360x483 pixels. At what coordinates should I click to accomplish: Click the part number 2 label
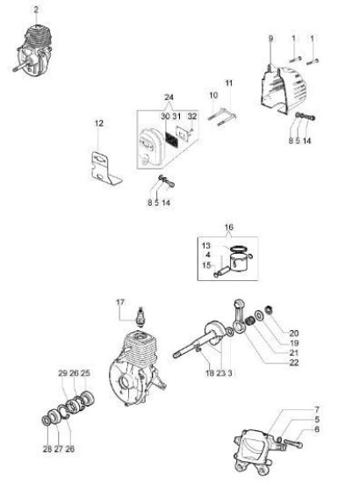point(36,10)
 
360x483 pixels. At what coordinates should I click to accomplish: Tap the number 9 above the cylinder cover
point(270,39)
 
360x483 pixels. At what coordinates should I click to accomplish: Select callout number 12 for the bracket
point(99,123)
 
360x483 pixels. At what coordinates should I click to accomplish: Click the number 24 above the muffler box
point(169,97)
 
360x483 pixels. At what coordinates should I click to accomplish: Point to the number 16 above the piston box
point(229,227)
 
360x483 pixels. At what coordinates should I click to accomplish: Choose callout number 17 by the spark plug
point(120,302)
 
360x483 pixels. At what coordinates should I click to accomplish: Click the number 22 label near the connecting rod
point(294,363)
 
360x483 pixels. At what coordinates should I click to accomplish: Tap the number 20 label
point(294,333)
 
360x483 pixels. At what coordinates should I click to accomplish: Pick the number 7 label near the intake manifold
point(317,410)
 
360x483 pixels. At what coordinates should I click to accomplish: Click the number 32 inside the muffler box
point(192,116)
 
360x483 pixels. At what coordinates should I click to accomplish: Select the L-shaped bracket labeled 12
point(104,168)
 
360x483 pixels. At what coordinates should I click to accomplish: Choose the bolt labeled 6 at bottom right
point(293,443)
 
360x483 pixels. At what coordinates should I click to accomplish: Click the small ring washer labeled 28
point(47,420)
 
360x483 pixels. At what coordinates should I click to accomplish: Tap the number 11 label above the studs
point(229,83)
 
